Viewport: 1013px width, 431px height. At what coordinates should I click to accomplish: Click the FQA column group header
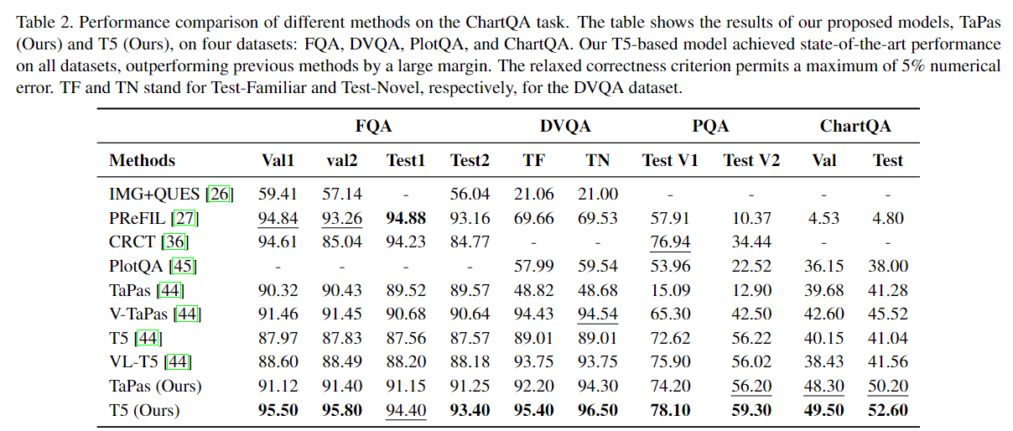tap(373, 127)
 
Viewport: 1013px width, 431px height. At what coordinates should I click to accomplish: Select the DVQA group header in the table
tap(564, 127)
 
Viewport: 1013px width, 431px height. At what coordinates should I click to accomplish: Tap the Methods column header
tap(143, 160)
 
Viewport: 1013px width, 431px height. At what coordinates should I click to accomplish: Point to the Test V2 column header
tap(751, 160)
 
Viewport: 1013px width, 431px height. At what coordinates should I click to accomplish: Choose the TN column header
tap(598, 160)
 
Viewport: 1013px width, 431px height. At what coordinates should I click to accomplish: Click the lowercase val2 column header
tap(342, 160)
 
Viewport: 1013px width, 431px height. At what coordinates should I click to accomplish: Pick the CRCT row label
tap(132, 242)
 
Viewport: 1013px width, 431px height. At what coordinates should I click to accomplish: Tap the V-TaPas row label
tap(140, 314)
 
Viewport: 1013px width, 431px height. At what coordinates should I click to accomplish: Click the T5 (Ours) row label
tap(144, 411)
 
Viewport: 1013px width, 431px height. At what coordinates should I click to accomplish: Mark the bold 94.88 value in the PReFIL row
tap(406, 218)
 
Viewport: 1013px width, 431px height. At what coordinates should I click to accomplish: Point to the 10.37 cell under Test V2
tap(751, 218)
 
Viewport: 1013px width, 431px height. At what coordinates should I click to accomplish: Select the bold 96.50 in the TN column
tap(598, 411)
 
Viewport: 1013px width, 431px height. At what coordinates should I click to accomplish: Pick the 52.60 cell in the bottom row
tap(887, 411)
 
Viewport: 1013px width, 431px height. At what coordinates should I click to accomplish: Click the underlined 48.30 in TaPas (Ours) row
tap(823, 387)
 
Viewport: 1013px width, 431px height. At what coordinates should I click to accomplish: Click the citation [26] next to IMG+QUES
tap(220, 195)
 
